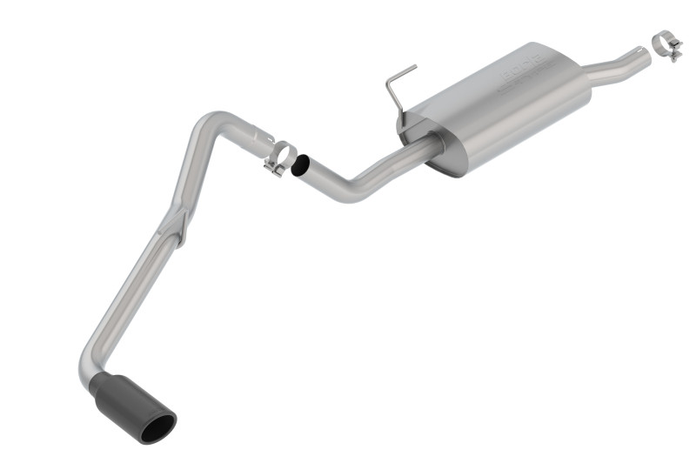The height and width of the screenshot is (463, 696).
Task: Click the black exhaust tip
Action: click(139, 405)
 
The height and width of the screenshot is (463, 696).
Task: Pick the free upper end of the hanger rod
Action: click(414, 66)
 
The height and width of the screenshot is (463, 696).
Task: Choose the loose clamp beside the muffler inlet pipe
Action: click(667, 44)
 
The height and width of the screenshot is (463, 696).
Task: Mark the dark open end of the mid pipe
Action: click(301, 164)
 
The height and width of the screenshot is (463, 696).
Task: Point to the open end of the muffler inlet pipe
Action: click(646, 52)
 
